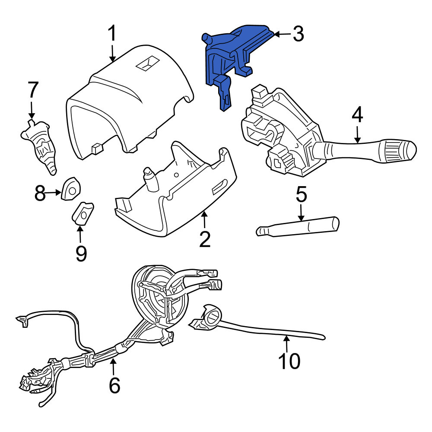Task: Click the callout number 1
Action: coord(112,33)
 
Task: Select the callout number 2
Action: coord(205,239)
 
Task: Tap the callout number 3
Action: coord(298,34)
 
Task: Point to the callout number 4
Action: coord(357,115)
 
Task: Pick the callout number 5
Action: coord(301,194)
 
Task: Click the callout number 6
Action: coord(114,385)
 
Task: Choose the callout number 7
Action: coord(32,90)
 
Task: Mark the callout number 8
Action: coord(40,193)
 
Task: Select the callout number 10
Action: coord(289,361)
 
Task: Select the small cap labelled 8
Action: coord(71,188)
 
